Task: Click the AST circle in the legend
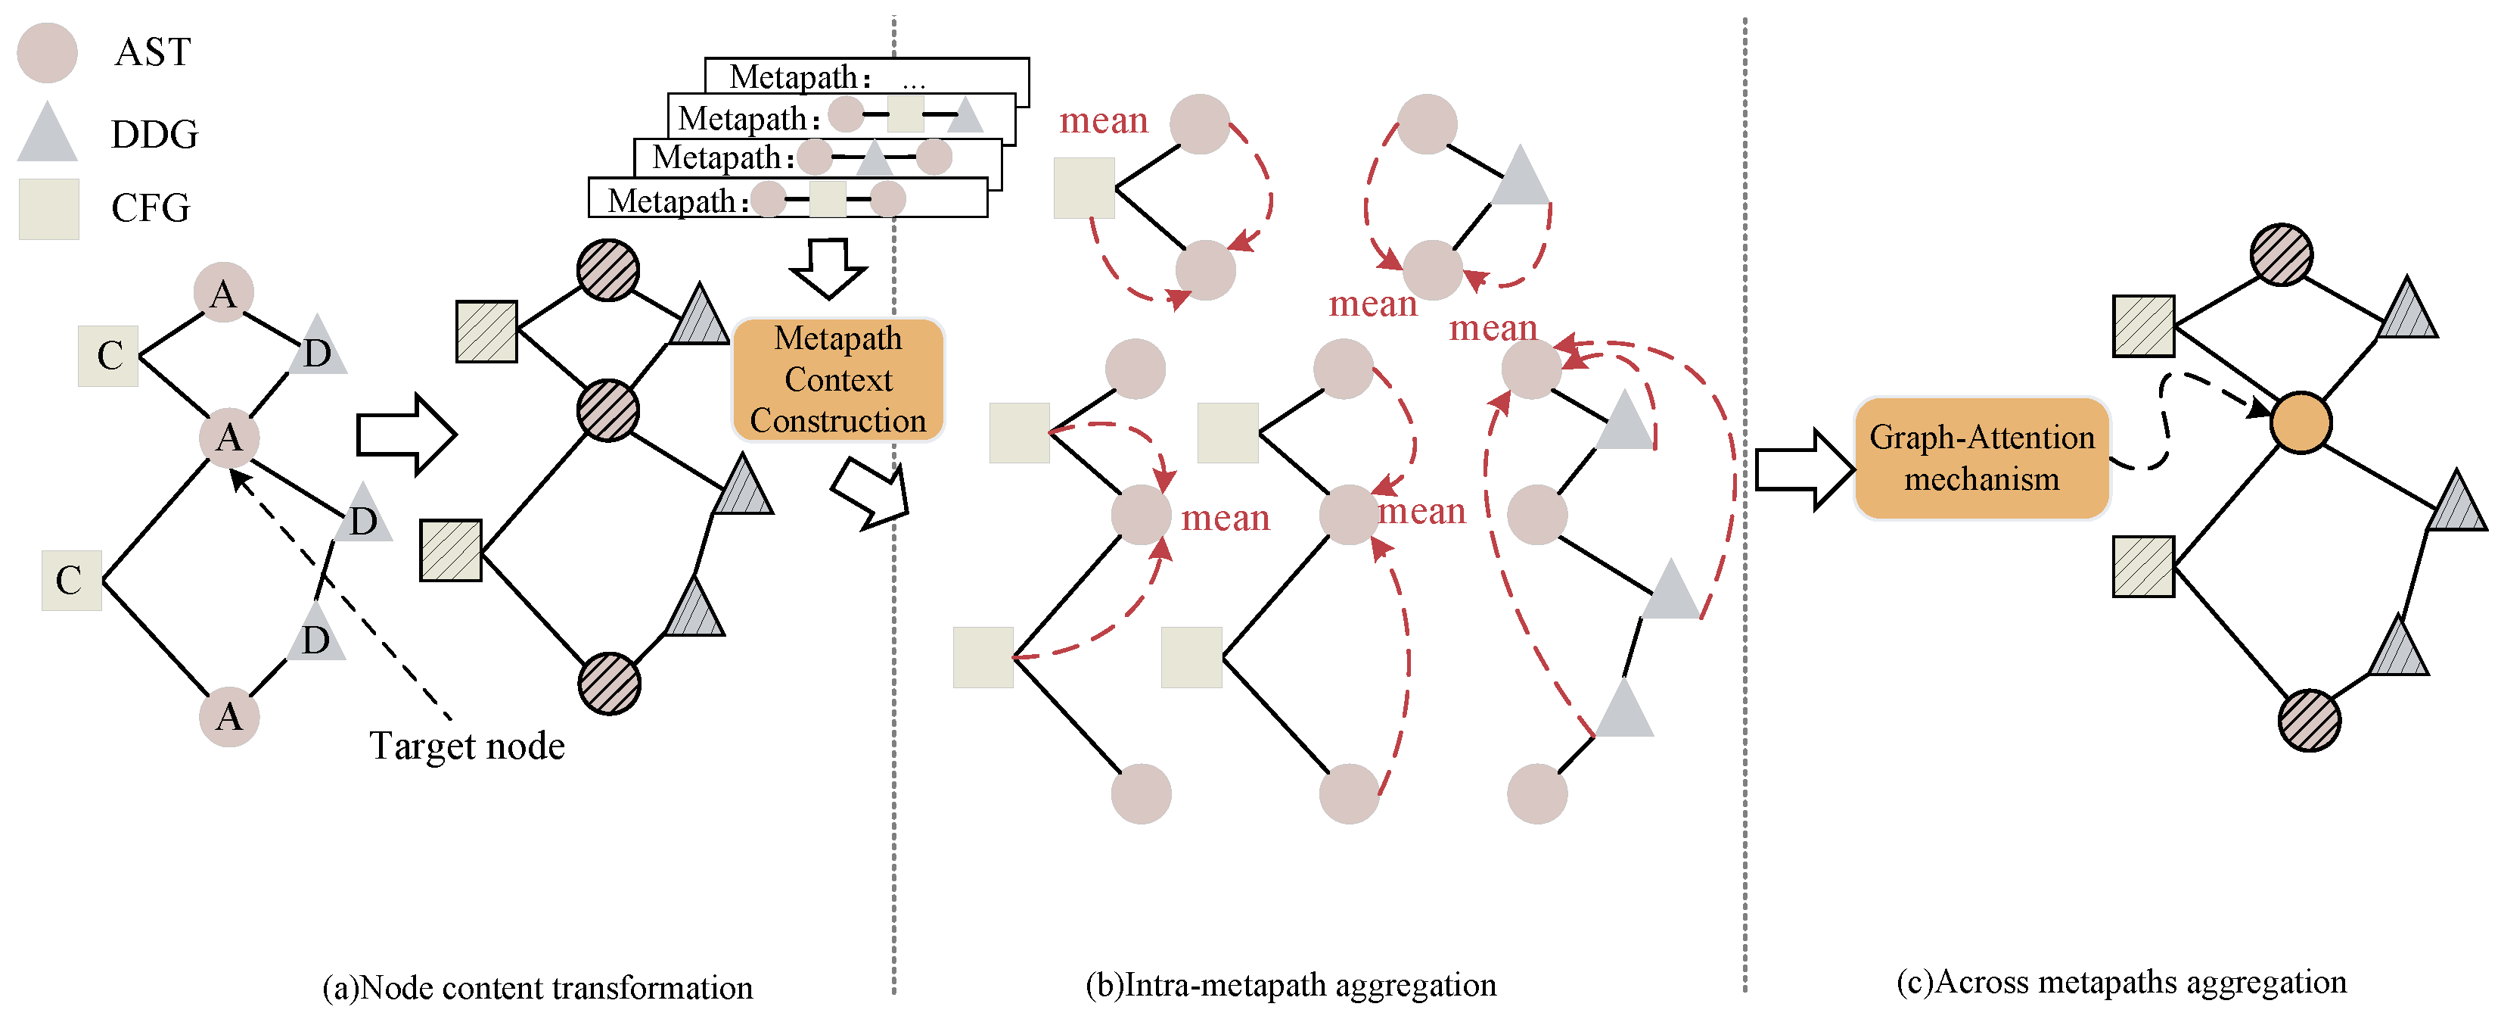(47, 52)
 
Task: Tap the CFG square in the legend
(48, 209)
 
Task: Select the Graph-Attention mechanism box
(1981, 458)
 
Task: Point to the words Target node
(467, 746)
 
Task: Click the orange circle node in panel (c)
(2300, 423)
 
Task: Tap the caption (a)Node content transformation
(537, 987)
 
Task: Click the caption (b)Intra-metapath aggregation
(1291, 985)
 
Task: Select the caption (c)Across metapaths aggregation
(2121, 982)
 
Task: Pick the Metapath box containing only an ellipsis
(866, 75)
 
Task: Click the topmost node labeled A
(223, 292)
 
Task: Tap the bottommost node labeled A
(229, 717)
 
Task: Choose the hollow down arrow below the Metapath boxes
(828, 268)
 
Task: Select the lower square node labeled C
(71, 581)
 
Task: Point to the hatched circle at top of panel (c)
(2281, 254)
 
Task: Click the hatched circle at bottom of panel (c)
(2309, 721)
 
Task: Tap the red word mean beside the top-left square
(1103, 120)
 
